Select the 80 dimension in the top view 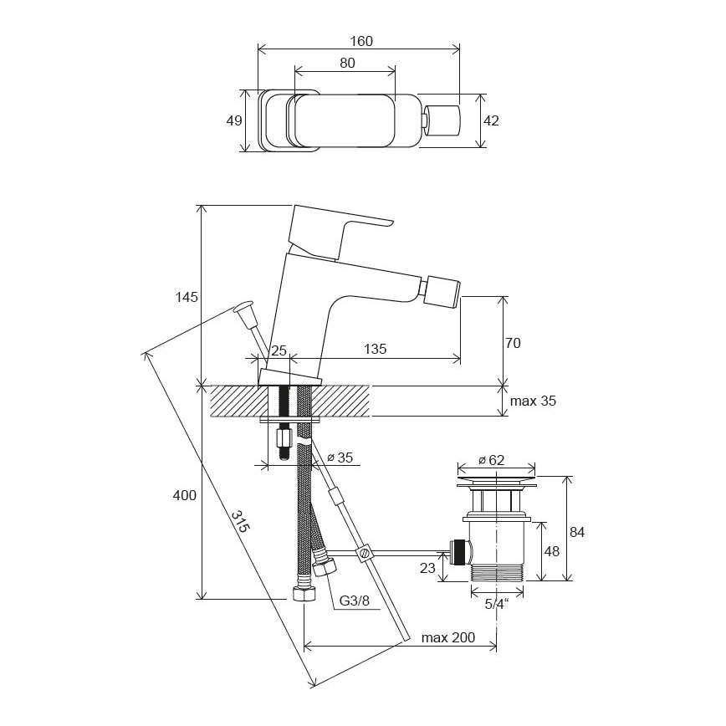tap(348, 63)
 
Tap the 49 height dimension tap(234, 120)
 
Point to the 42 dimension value tap(491, 120)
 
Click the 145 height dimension tap(187, 297)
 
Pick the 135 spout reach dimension tap(376, 350)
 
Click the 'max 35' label tap(533, 401)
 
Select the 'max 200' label tap(447, 637)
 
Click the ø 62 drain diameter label tap(493, 459)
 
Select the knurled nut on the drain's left tap(459, 551)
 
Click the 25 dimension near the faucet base tap(279, 350)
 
